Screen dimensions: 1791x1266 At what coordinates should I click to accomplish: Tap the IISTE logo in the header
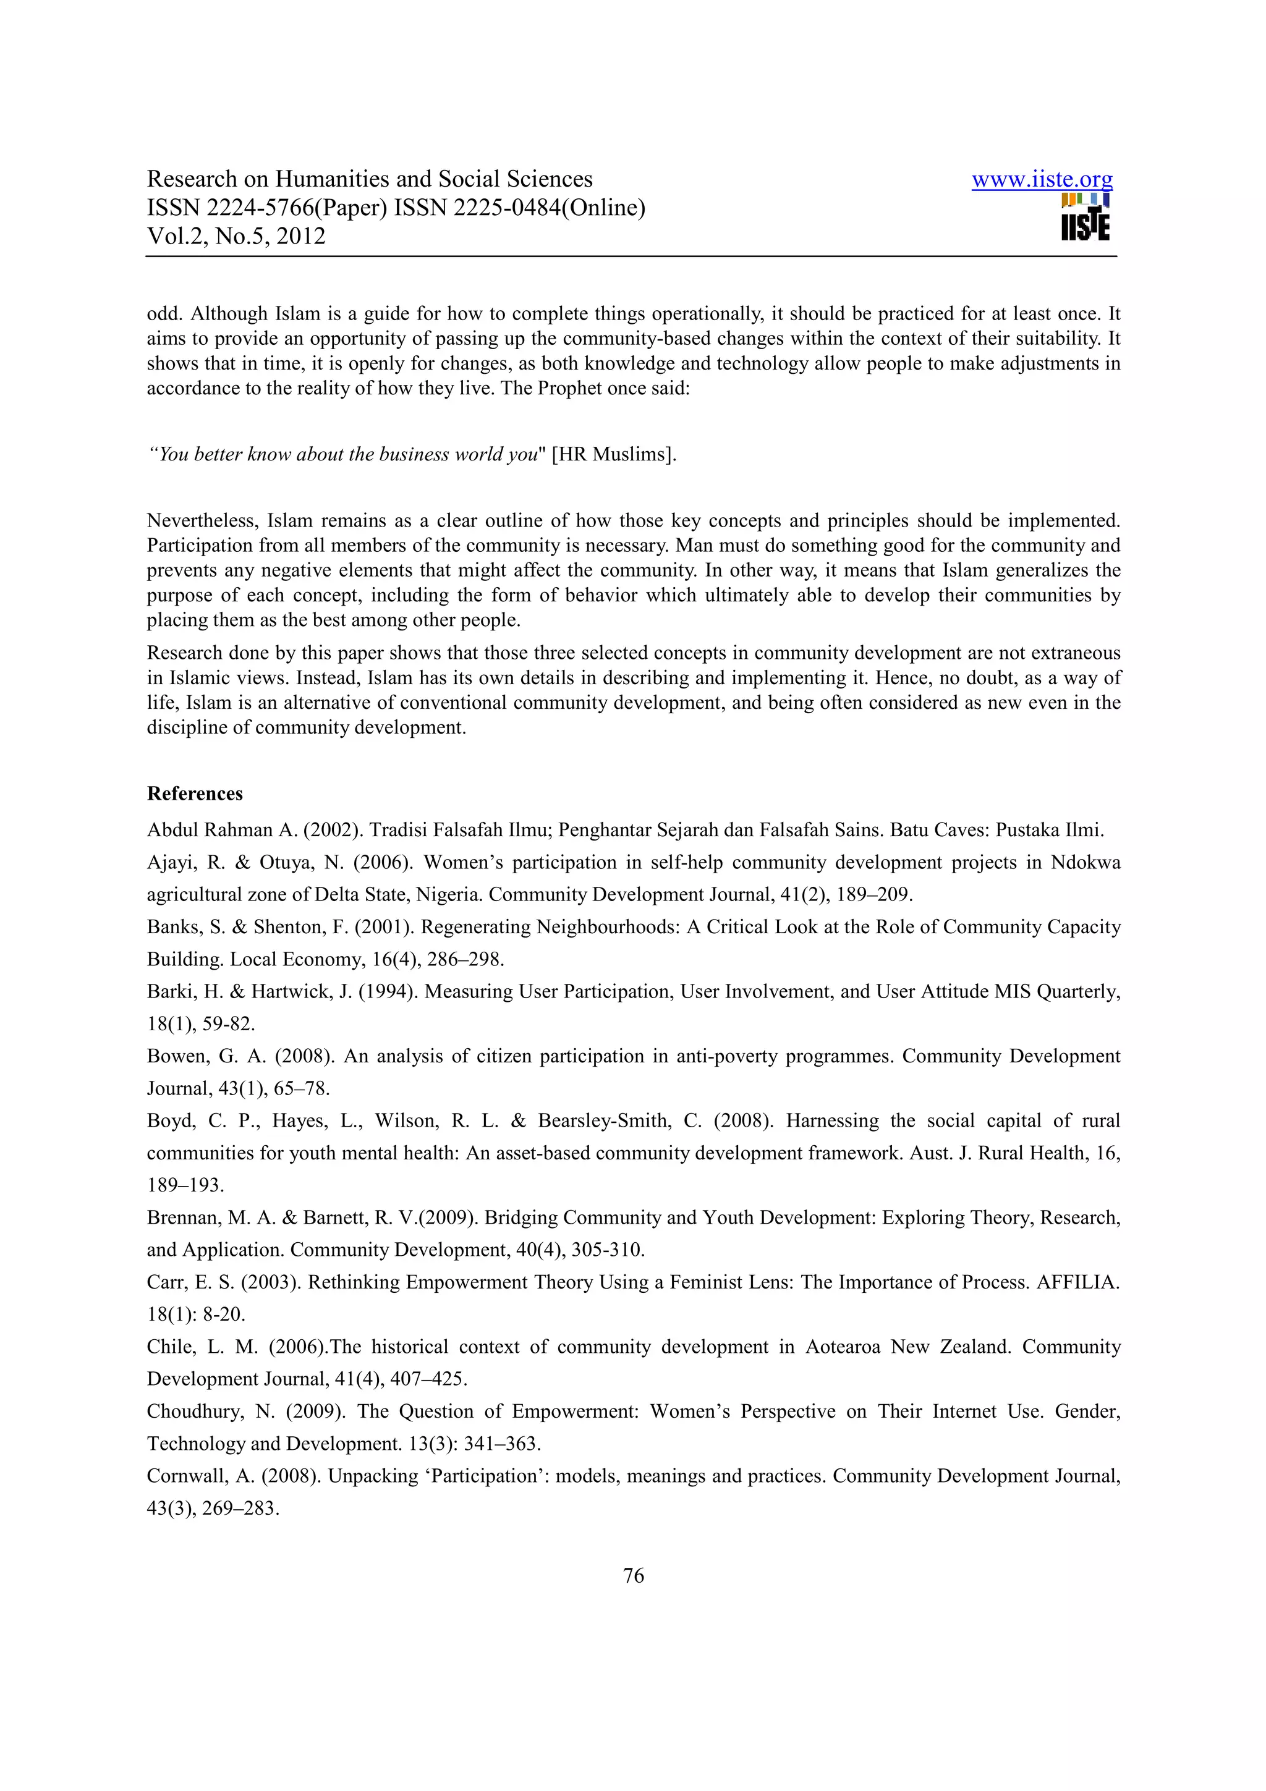1085,218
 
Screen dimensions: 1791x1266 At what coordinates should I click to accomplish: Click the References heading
195,794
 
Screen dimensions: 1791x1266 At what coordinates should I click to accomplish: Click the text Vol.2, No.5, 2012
236,236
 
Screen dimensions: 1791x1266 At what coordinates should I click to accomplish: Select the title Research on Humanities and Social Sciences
370,179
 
